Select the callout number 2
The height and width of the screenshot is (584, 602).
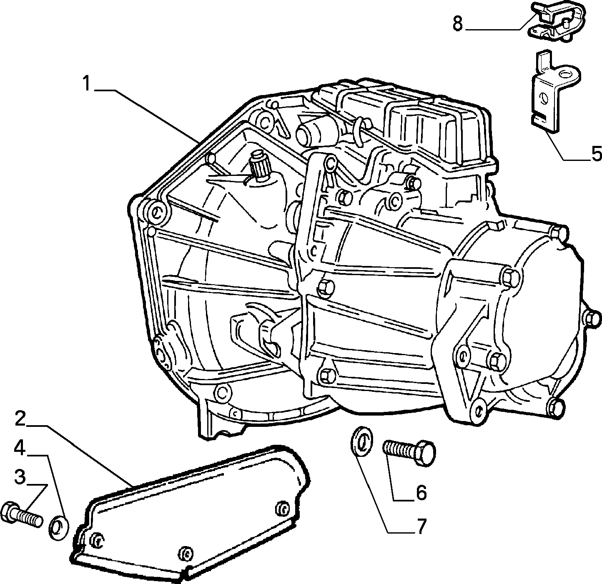point(20,419)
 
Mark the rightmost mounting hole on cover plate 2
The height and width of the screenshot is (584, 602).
point(282,509)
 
